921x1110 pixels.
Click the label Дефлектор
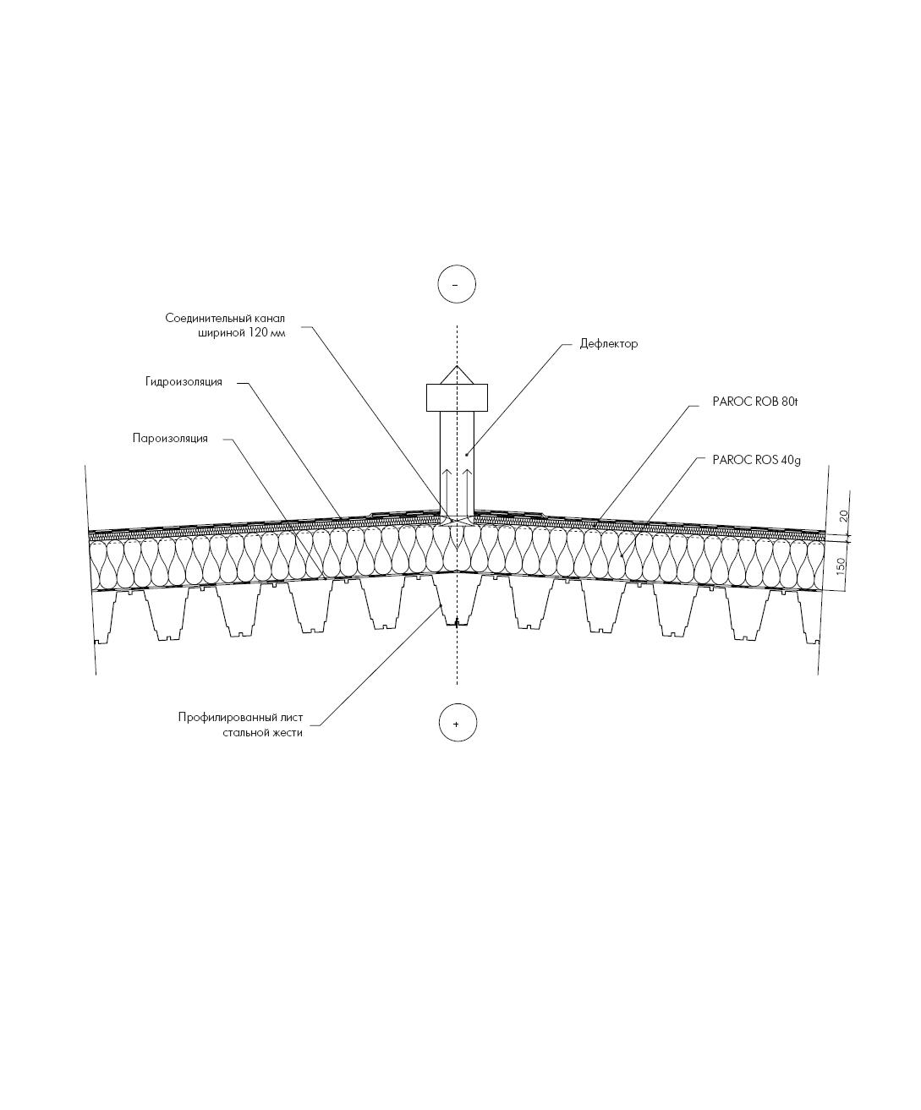608,344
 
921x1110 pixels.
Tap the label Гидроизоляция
184,382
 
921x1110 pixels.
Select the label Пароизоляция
170,439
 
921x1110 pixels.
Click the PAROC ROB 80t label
755,402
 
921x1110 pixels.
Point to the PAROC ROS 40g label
756,461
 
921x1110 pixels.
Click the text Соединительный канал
225,319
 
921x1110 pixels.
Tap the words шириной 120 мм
241,333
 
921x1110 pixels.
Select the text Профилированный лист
240,718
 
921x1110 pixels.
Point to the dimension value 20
844,516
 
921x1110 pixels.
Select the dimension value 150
842,566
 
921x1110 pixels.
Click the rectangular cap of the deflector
457,397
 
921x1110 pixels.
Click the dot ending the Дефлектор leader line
466,455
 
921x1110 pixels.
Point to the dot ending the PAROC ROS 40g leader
622,556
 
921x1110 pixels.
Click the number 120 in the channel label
258,333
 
